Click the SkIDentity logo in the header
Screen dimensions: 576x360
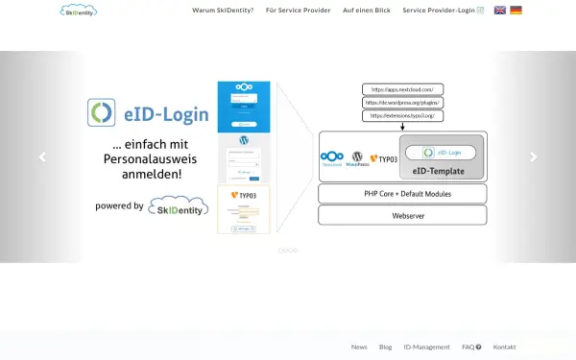pos(79,11)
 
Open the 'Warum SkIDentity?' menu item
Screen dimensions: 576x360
pos(223,11)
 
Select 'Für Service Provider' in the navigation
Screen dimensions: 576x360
pos(298,11)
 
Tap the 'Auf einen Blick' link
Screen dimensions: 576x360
pos(366,11)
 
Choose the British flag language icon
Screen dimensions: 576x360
pos(500,11)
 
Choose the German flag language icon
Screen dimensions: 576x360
pos(516,11)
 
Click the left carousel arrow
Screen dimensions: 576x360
pos(41,157)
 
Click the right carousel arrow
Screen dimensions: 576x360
pos(534,157)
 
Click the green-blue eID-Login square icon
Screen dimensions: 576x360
pos(102,113)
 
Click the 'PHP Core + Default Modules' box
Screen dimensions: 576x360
pos(402,194)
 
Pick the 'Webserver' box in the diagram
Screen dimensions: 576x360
pos(402,215)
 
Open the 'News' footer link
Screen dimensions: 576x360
pos(359,347)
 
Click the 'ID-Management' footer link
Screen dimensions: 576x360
pos(426,347)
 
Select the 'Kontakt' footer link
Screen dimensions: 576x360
pos(504,347)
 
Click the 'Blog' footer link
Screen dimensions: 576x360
pos(385,347)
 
